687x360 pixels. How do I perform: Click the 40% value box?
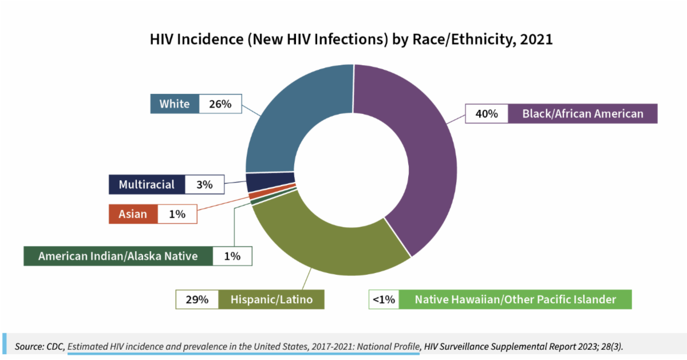point(487,114)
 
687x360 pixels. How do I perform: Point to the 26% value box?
point(220,104)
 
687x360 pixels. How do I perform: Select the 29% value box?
point(197,299)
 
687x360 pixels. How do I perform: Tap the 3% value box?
point(204,184)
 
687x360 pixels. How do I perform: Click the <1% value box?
point(384,299)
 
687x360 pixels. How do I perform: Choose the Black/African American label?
point(582,114)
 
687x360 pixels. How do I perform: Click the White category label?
point(175,104)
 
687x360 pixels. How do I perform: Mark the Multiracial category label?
point(147,184)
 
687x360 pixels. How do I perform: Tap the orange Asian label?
point(133,214)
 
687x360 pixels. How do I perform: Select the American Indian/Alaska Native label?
point(118,256)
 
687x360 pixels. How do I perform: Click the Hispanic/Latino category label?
point(271,299)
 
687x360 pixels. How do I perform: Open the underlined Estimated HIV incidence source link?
point(243,346)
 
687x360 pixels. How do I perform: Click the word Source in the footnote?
point(29,346)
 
